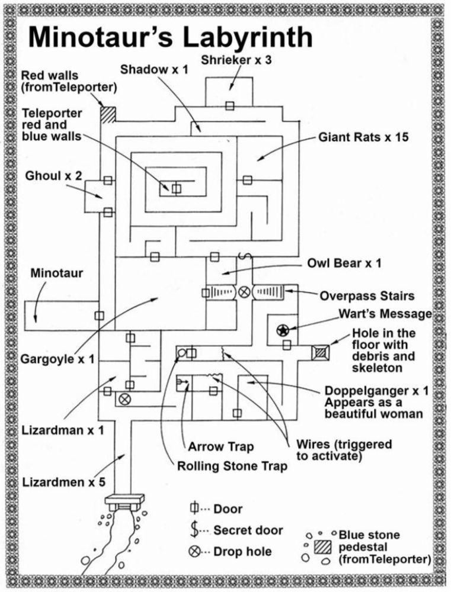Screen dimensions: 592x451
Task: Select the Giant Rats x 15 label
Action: click(x=364, y=137)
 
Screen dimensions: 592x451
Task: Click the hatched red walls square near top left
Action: click(x=107, y=114)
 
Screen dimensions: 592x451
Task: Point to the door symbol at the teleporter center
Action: click(x=176, y=189)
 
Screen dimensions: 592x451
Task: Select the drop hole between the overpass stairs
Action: click(x=244, y=292)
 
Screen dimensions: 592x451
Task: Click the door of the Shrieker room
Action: click(x=229, y=106)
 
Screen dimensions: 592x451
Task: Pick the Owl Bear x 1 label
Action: click(x=344, y=263)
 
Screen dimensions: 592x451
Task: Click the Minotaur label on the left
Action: click(x=56, y=274)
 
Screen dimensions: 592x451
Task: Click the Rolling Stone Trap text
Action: click(x=232, y=466)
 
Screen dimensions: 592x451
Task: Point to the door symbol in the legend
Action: click(x=193, y=509)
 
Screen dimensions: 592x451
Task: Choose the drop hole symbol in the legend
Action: click(x=193, y=551)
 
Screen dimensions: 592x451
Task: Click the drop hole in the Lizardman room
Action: click(x=124, y=399)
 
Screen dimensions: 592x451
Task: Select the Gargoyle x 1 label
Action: click(x=60, y=359)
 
